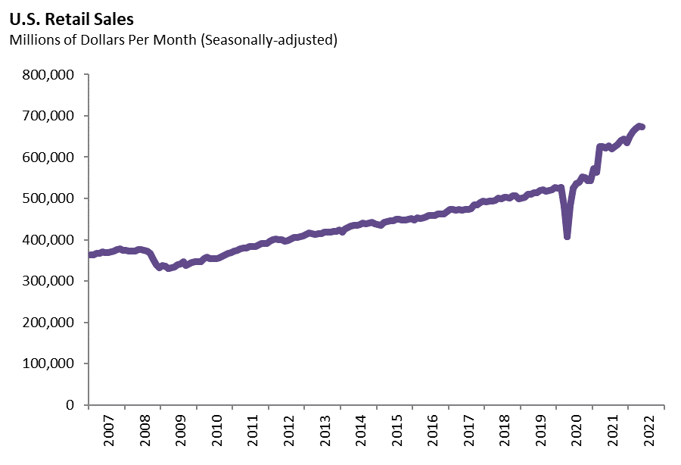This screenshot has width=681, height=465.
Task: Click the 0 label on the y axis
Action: [x=70, y=404]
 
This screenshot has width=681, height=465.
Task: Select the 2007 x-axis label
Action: [x=108, y=432]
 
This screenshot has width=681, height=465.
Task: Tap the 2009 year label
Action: [x=180, y=432]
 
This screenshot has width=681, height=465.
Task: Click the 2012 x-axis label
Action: [x=288, y=432]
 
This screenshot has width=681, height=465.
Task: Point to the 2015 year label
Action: [x=396, y=432]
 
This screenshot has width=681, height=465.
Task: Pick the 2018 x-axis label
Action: [x=504, y=432]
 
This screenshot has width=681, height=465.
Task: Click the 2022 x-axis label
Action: [x=648, y=432]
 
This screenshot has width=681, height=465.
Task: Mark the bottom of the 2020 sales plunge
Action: [x=567, y=236]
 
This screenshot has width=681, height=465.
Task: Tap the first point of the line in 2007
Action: [x=91, y=254]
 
